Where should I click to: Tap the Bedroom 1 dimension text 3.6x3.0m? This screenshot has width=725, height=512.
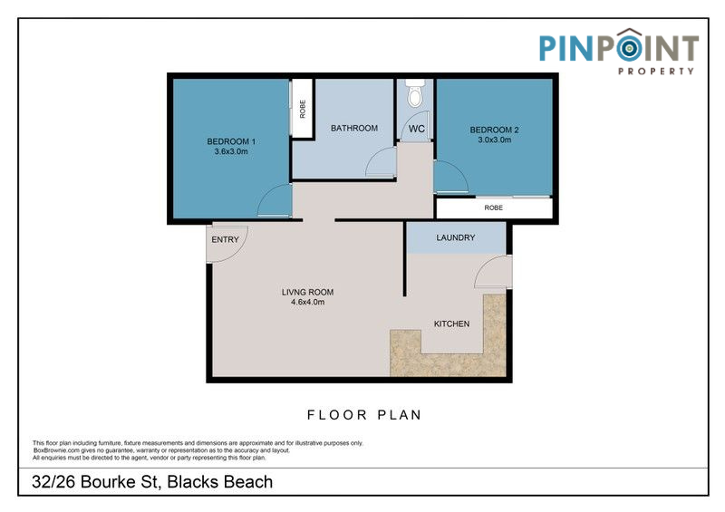pos(231,151)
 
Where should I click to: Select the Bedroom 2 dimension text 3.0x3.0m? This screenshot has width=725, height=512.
pos(494,140)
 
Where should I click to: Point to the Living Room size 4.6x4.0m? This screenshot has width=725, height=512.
pos(307,302)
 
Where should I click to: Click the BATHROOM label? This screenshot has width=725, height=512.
pos(354,128)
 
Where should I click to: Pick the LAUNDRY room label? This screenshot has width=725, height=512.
pos(456,237)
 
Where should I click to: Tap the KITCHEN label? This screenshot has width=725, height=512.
pos(451,324)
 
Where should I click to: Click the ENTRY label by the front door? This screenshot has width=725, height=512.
pos(225,239)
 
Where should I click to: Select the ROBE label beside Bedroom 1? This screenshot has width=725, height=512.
pos(303,109)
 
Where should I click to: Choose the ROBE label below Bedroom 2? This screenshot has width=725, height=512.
pos(493,208)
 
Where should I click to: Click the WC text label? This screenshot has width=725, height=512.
pos(416,129)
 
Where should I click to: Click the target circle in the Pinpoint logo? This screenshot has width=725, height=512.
pos(628,48)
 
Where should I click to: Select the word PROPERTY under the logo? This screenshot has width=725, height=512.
pos(656,71)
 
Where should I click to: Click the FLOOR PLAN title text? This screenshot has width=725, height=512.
pos(364,415)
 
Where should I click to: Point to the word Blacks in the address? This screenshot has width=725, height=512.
pos(193,482)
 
